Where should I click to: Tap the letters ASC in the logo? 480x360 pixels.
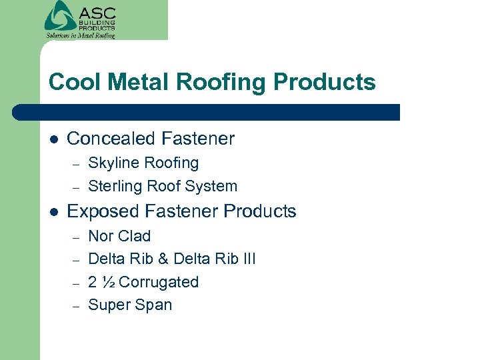(97, 13)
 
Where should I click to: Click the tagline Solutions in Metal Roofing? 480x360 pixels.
(80, 35)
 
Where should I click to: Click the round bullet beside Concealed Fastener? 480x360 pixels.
(53, 139)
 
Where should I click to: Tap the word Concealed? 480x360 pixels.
(107, 139)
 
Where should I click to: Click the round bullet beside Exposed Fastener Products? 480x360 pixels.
(53, 212)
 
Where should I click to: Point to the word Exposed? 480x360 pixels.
(99, 212)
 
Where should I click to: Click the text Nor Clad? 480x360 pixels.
(119, 236)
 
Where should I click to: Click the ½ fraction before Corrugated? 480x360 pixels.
(110, 282)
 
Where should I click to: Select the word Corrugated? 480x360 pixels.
(158, 282)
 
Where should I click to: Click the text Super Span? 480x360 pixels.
(130, 305)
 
